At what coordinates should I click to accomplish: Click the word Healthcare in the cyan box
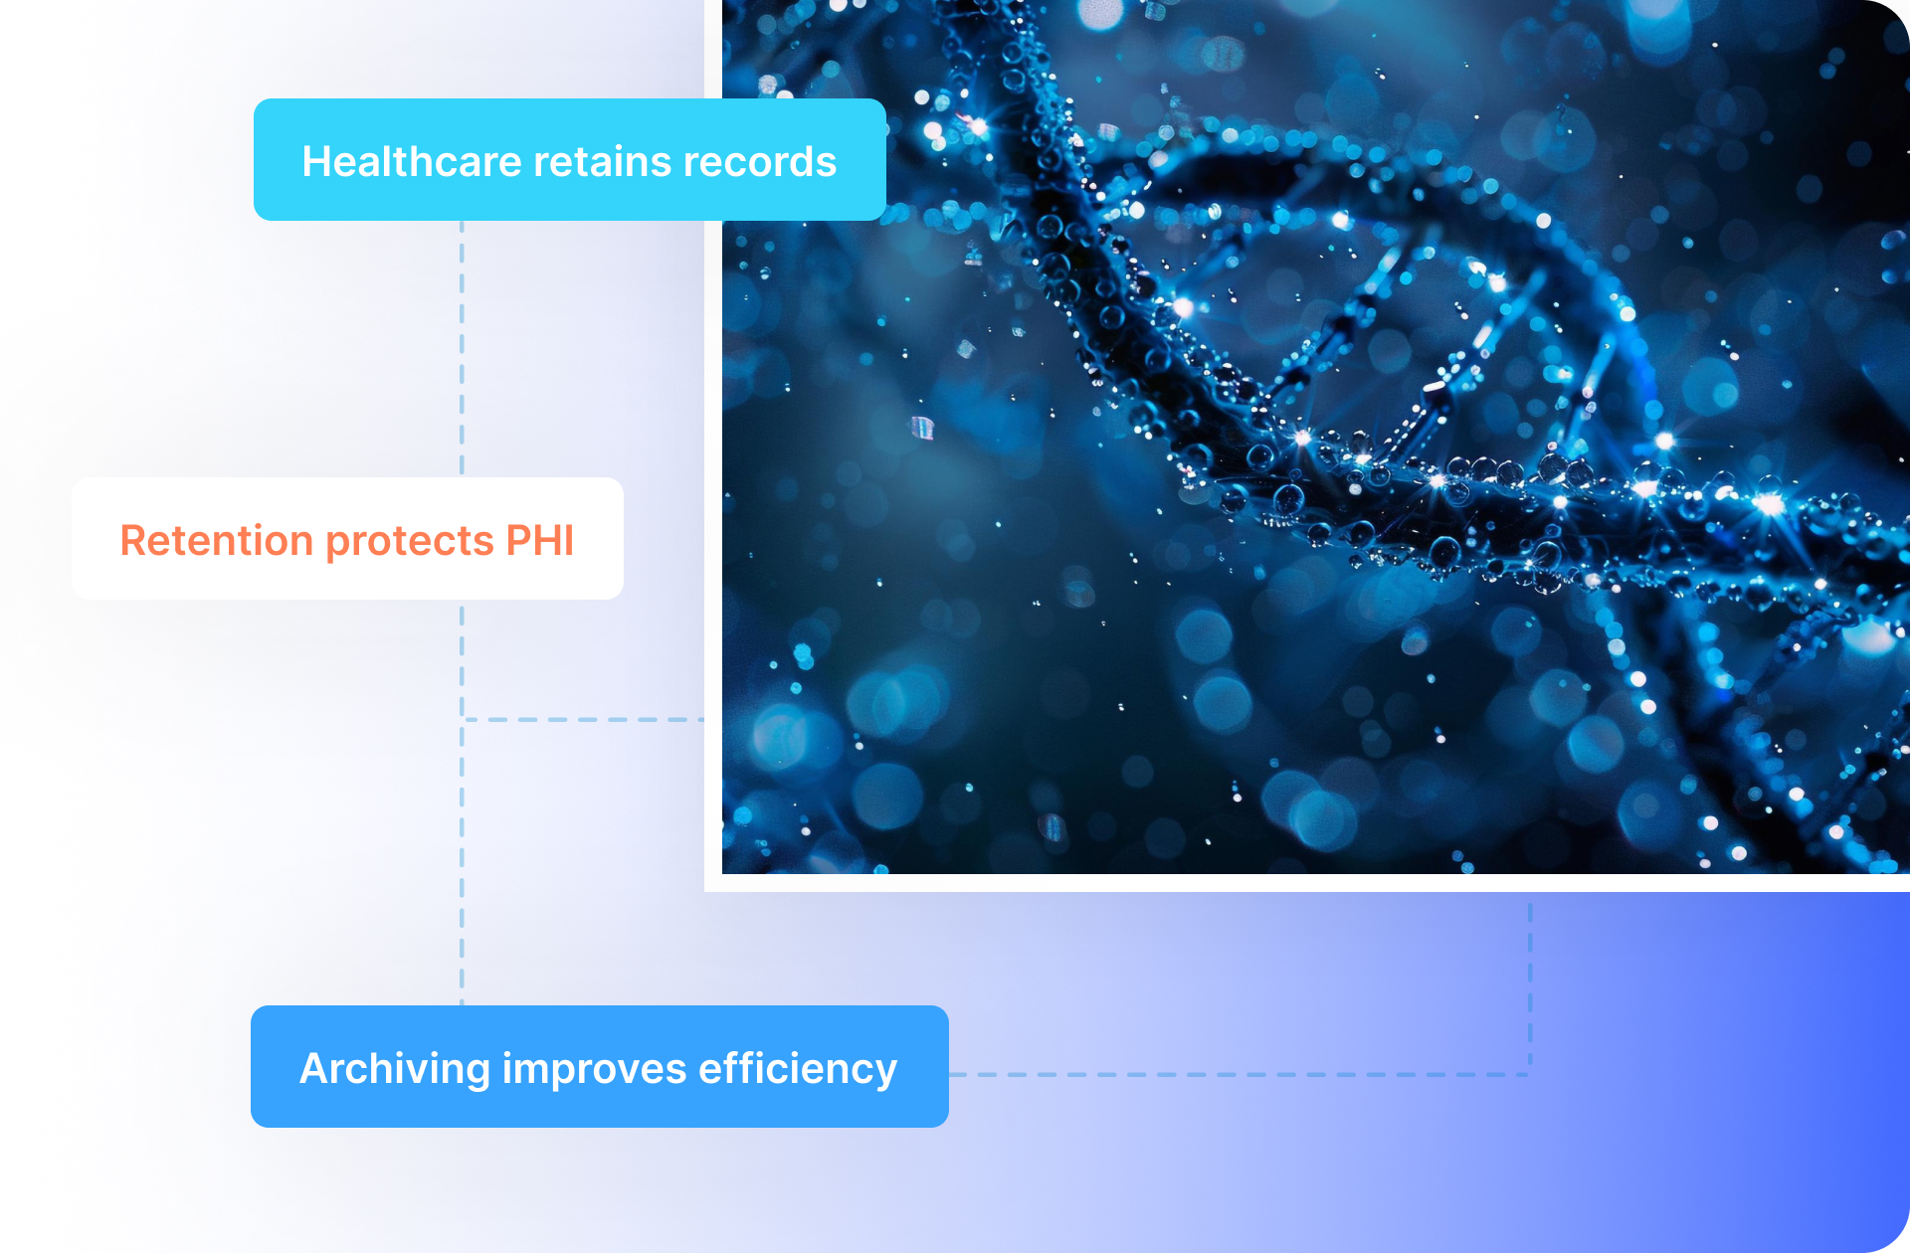(x=412, y=161)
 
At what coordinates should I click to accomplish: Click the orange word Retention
(x=217, y=540)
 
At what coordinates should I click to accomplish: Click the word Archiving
(x=395, y=1069)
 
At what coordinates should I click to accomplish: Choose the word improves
(x=594, y=1069)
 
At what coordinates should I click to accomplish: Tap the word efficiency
(x=798, y=1069)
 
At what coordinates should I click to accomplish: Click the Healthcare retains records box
(x=570, y=159)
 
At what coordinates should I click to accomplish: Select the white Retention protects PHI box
(x=347, y=538)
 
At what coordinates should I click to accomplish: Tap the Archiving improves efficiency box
(x=600, y=1066)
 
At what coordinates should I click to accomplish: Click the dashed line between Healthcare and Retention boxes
(x=462, y=349)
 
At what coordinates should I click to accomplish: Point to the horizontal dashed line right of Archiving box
(x=1240, y=1074)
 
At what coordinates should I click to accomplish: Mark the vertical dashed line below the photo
(x=1530, y=984)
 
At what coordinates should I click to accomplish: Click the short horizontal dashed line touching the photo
(x=584, y=719)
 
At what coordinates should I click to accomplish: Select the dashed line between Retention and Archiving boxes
(x=462, y=803)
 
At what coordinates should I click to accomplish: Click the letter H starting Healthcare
(x=317, y=162)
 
